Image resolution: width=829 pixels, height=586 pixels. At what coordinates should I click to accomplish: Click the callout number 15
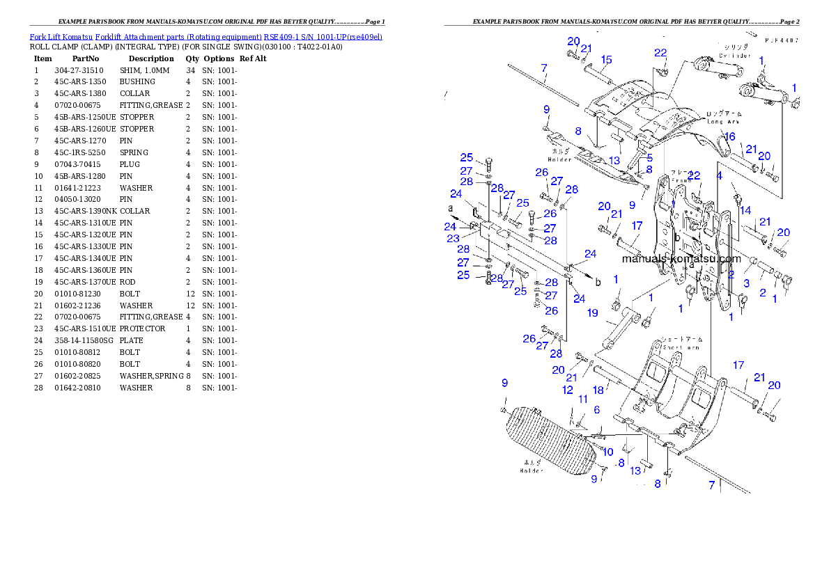[x=606, y=59]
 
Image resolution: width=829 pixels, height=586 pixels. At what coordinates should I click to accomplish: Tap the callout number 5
[x=649, y=158]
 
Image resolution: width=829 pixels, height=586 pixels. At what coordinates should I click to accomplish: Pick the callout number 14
[x=745, y=210]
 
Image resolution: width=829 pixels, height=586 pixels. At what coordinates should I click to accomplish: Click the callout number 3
[x=746, y=283]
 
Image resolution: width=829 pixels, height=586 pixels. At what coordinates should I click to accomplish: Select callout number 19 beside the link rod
[x=592, y=313]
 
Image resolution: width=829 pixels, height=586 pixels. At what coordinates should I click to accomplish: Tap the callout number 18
[x=598, y=390]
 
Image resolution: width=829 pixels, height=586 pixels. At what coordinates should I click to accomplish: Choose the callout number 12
[x=568, y=390]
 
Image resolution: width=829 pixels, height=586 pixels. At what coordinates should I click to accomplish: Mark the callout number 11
[x=582, y=399]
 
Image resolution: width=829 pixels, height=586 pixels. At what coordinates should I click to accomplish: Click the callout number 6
[x=597, y=411]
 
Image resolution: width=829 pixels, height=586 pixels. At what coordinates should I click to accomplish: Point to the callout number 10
[x=607, y=452]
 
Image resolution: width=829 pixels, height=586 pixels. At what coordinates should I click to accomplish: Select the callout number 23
[x=453, y=239]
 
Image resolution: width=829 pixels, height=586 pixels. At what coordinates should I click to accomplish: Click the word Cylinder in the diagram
[x=732, y=55]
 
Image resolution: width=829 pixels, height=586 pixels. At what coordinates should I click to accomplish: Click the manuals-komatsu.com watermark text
[x=681, y=259]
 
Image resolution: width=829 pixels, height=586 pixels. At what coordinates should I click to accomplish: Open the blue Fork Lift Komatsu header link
[x=206, y=36]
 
